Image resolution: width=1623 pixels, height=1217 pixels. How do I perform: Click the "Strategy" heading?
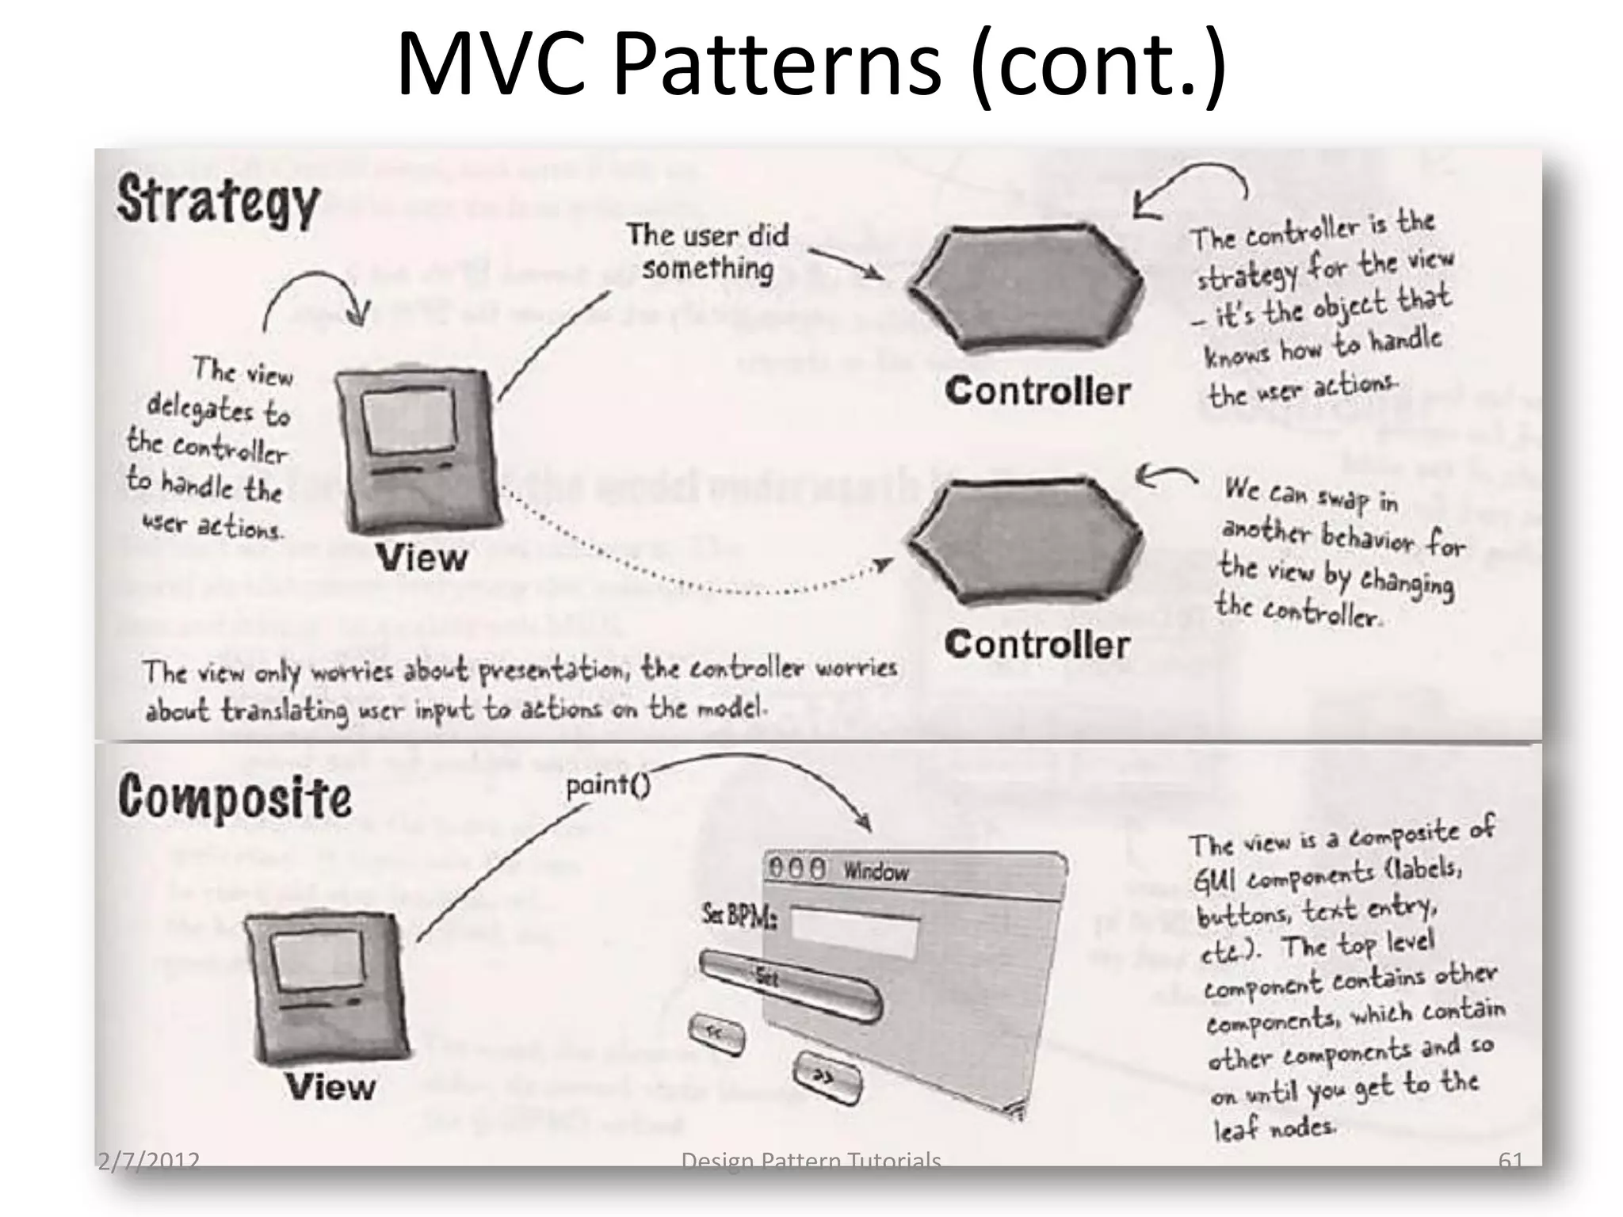pyautogui.click(x=218, y=200)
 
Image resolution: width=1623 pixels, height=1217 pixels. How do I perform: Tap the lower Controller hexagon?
pyautogui.click(x=1026, y=541)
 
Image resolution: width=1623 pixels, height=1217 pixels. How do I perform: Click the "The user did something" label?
pyautogui.click(x=708, y=252)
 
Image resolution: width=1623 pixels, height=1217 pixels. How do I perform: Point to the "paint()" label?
pyautogui.click(x=608, y=786)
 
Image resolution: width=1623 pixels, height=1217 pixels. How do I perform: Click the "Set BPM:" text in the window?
pyautogui.click(x=739, y=918)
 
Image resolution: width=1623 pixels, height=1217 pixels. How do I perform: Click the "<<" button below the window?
pyautogui.click(x=716, y=1033)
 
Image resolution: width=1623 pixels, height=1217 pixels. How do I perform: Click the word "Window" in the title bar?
pyautogui.click(x=876, y=872)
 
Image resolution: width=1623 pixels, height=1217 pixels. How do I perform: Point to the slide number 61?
pyautogui.click(x=1510, y=1161)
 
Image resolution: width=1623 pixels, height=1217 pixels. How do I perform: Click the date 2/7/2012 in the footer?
pyautogui.click(x=148, y=1162)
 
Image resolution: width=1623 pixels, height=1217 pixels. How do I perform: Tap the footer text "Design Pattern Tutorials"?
pyautogui.click(x=811, y=1162)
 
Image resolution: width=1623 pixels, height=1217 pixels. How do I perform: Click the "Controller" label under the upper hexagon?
pyautogui.click(x=1037, y=391)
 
